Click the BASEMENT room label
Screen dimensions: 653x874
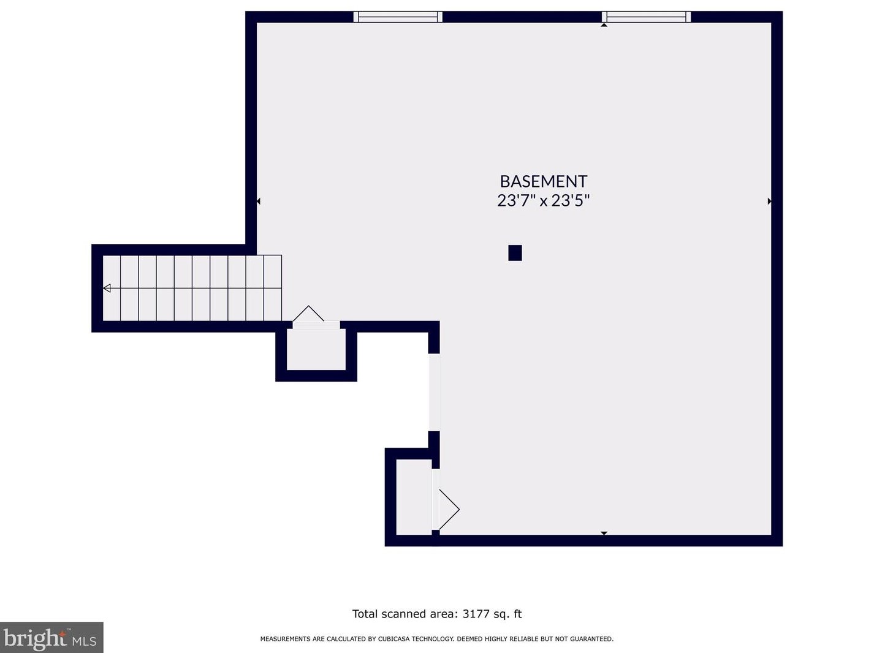(x=543, y=181)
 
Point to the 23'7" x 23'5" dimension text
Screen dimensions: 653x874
(x=543, y=200)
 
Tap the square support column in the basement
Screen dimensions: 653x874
(x=515, y=253)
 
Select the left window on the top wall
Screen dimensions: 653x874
(x=398, y=17)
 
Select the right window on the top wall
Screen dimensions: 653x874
(x=646, y=17)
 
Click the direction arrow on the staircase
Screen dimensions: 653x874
(x=107, y=288)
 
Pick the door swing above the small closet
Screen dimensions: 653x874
(x=308, y=314)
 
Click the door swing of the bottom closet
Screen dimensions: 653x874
(x=449, y=509)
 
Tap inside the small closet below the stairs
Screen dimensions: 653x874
(x=316, y=350)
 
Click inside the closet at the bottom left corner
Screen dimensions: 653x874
(x=414, y=497)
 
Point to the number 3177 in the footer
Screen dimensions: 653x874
(x=476, y=614)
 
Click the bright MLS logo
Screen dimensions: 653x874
(x=51, y=638)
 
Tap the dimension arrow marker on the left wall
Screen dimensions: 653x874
(x=259, y=201)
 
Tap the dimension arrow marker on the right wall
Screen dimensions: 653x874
(x=769, y=201)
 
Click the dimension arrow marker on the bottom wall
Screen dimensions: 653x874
(x=604, y=534)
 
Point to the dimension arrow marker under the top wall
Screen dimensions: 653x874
(x=604, y=25)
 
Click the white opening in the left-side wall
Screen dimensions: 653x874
(x=434, y=392)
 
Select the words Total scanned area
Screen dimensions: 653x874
(x=405, y=614)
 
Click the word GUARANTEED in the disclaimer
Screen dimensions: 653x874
(x=592, y=639)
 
